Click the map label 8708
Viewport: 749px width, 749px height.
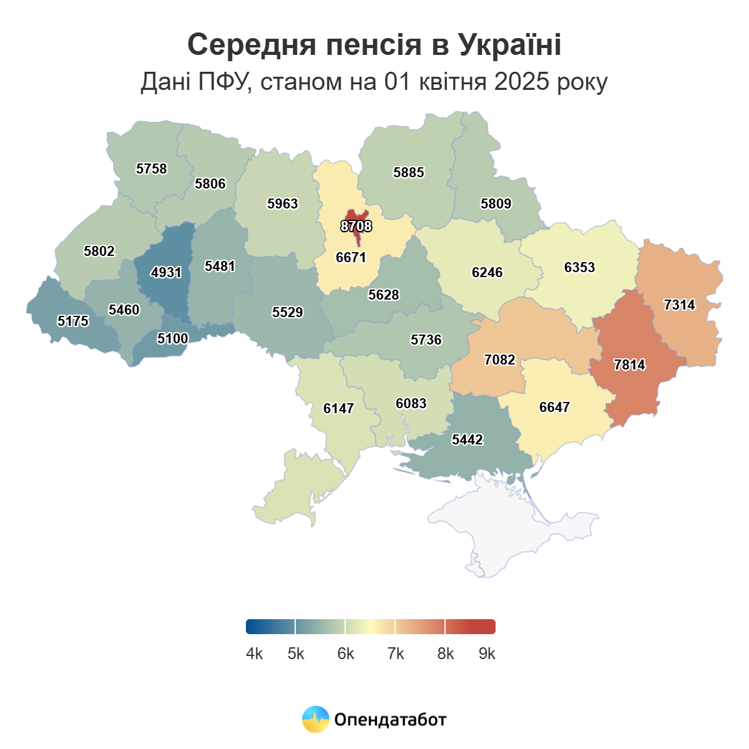[x=356, y=226]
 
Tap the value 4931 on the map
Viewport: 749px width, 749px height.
[x=166, y=272]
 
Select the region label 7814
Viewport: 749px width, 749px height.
[x=629, y=365]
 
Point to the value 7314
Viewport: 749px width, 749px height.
[x=679, y=305]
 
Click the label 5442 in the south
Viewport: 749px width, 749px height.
[x=467, y=439]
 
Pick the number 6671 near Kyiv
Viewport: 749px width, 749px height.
[x=351, y=257]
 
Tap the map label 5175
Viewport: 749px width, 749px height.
[x=73, y=321]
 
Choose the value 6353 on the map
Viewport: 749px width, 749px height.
[x=579, y=267]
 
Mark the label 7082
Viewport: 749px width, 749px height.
[x=499, y=360]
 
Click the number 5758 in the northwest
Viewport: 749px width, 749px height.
[x=151, y=169]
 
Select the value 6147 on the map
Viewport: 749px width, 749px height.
[x=338, y=408]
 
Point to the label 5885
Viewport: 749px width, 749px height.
[x=408, y=172]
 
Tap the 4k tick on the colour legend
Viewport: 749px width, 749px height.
[x=255, y=654]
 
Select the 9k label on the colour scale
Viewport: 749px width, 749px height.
[x=487, y=654]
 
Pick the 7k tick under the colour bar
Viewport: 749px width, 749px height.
[x=396, y=654]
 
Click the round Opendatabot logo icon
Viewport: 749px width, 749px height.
[x=315, y=719]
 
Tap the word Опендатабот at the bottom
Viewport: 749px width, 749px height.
[x=390, y=720]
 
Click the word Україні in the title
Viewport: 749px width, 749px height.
[x=509, y=45]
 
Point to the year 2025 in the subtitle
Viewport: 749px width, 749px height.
[x=519, y=82]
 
